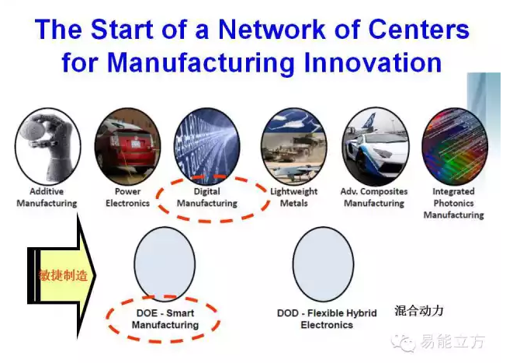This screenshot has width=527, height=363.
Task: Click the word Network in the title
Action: (x=272, y=30)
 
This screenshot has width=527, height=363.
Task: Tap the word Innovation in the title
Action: (x=373, y=62)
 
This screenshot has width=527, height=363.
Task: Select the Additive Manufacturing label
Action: (x=47, y=197)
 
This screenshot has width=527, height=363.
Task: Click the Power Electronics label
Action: (x=128, y=197)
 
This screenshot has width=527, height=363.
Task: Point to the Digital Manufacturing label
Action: (x=207, y=197)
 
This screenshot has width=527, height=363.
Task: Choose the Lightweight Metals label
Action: (x=293, y=197)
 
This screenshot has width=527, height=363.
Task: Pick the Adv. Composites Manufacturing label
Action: (x=374, y=197)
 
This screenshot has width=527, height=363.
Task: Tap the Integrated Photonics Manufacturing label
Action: (x=454, y=203)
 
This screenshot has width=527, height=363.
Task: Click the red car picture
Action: (x=128, y=146)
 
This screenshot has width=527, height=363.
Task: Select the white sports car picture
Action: (x=376, y=146)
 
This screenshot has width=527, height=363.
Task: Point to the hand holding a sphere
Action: (x=47, y=146)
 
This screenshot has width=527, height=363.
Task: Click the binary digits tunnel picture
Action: (x=207, y=146)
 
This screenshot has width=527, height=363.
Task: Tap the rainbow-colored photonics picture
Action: (x=455, y=146)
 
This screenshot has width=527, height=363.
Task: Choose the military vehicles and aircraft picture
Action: (x=293, y=146)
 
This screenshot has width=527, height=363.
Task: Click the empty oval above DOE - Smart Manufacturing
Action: (x=165, y=264)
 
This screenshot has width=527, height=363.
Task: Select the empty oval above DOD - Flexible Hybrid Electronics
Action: (x=324, y=264)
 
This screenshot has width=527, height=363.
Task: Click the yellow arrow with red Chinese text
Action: (x=61, y=275)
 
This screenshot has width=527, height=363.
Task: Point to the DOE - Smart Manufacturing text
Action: (x=165, y=319)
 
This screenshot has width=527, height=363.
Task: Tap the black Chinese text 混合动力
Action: (x=419, y=310)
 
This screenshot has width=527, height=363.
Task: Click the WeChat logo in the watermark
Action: (x=404, y=343)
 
